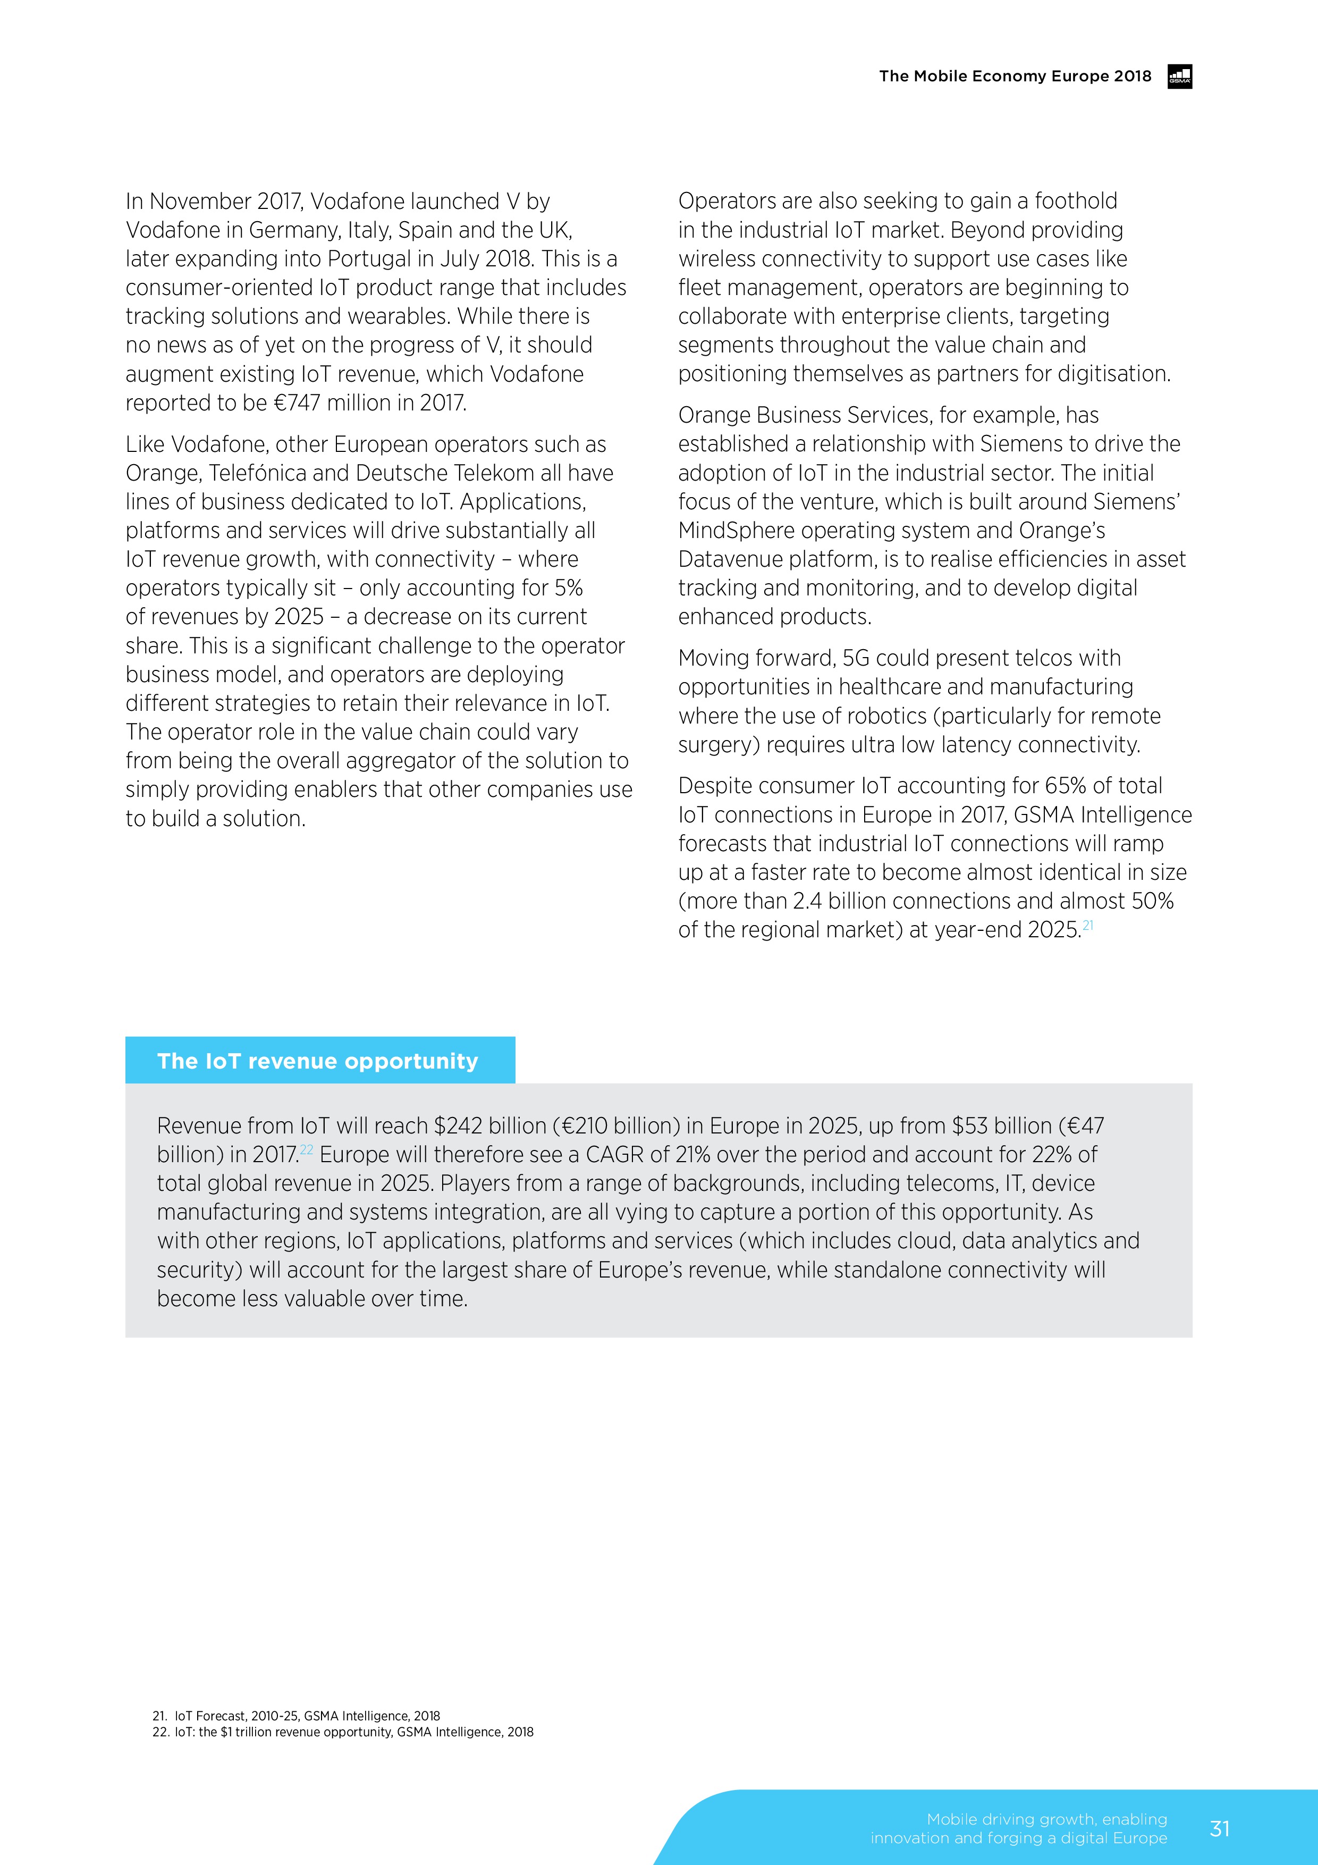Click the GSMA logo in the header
(x=1179, y=77)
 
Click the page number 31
(x=1219, y=1828)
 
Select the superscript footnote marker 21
(x=1088, y=925)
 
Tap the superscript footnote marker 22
(x=306, y=1148)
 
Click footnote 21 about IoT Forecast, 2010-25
(x=297, y=1716)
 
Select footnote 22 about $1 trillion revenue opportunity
(x=343, y=1732)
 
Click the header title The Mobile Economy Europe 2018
(x=1015, y=77)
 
